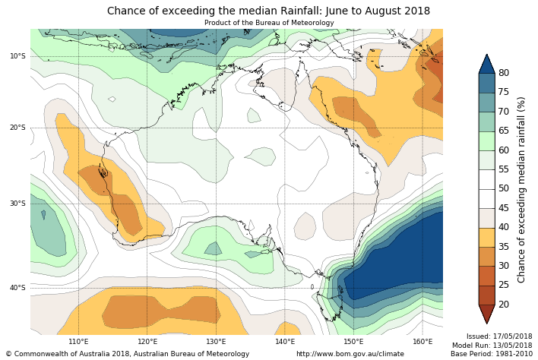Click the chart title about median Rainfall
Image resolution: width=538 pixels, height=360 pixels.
(x=268, y=11)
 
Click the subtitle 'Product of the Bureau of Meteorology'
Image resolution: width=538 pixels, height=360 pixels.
(x=268, y=23)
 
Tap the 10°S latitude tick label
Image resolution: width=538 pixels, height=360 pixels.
(x=17, y=56)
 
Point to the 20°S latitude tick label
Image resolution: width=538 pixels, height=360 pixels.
(x=17, y=128)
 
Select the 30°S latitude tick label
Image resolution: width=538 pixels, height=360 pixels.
(x=17, y=204)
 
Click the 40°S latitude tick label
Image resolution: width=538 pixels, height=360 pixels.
(x=17, y=288)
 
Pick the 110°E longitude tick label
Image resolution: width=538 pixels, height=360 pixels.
(x=79, y=342)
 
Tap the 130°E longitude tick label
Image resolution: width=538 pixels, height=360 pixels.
(x=217, y=342)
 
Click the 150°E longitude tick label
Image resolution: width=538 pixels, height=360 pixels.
(x=353, y=342)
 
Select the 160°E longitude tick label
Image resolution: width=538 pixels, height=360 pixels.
(x=422, y=342)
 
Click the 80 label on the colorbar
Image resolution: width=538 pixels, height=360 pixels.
(x=504, y=73)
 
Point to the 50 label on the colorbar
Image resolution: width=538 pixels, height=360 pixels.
(x=504, y=188)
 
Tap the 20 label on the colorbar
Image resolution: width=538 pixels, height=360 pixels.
(x=504, y=305)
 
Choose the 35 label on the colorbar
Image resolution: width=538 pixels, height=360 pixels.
(x=504, y=247)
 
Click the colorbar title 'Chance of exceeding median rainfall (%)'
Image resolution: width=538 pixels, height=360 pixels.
(x=521, y=189)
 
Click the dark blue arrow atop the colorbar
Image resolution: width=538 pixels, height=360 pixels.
(x=486, y=64)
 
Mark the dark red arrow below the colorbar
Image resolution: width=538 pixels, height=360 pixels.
(x=486, y=314)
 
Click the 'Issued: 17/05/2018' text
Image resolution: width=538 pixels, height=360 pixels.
(x=498, y=336)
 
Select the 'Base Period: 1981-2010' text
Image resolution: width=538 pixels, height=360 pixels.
(x=492, y=354)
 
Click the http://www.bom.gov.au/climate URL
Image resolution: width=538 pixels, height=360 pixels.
(x=350, y=354)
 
